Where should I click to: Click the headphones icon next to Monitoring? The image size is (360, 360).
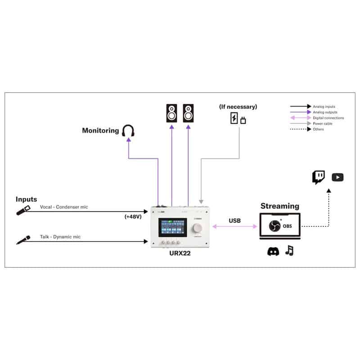click(x=129, y=131)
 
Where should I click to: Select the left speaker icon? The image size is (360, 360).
click(x=171, y=112)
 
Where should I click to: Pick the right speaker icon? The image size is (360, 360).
click(x=188, y=112)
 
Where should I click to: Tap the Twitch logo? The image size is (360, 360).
click(x=319, y=177)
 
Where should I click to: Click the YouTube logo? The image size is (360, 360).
click(x=337, y=177)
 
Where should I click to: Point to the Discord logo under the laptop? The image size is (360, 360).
click(x=273, y=252)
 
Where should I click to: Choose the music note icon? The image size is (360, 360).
click(x=289, y=251)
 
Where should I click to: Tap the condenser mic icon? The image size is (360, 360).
click(x=23, y=210)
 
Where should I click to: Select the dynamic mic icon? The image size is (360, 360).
click(x=23, y=239)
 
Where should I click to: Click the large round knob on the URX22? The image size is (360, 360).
click(x=197, y=228)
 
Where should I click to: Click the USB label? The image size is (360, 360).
click(x=234, y=220)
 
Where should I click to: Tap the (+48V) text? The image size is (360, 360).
click(x=134, y=216)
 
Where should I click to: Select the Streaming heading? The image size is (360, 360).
click(x=279, y=206)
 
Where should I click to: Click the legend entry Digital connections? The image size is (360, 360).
click(x=328, y=118)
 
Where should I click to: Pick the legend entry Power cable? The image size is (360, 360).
click(x=323, y=124)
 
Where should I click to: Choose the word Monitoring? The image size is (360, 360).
click(x=100, y=131)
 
